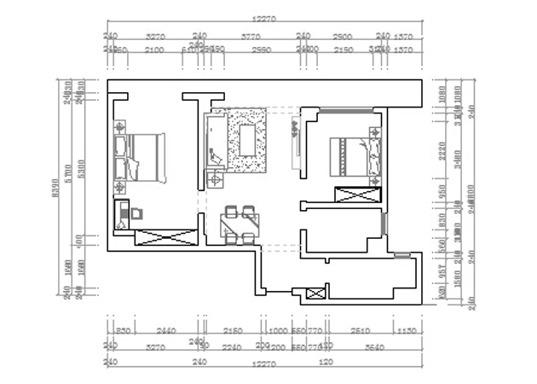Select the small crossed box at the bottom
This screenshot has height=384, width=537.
pyautogui.click(x=315, y=294)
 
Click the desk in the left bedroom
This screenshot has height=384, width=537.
pyautogui.click(x=124, y=213)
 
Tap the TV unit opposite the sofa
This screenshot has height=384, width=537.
pyautogui.click(x=296, y=140)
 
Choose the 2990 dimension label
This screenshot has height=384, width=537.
pyautogui.click(x=260, y=50)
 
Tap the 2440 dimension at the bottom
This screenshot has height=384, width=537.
pyautogui.click(x=166, y=331)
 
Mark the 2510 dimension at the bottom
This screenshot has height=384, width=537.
pyautogui.click(x=360, y=331)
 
